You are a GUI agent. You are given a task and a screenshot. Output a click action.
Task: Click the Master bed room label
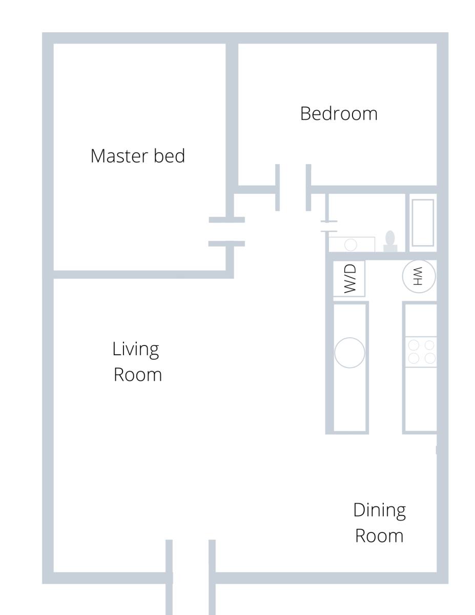[137, 156]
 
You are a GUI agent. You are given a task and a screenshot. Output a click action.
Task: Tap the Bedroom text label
[339, 113]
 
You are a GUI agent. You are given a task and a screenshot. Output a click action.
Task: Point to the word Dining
[379, 511]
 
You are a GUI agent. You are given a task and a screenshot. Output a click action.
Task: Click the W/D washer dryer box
[349, 278]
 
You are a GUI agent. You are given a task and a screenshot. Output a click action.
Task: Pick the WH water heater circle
[419, 276]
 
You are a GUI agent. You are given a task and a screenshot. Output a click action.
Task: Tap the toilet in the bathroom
[390, 241]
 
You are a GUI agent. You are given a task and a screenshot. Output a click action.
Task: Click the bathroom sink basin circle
[351, 244]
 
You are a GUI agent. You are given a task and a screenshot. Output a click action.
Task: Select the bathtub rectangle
[423, 223]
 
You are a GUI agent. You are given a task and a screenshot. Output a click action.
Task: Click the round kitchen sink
[349, 353]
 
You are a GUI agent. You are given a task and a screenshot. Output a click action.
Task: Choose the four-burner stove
[421, 352]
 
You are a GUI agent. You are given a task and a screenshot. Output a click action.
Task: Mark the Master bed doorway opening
[226, 232]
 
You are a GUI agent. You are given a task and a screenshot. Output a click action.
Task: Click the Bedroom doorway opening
[293, 188]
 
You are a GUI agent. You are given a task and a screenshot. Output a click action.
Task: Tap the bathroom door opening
[329, 227]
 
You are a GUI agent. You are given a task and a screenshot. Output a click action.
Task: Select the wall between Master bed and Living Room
[140, 274]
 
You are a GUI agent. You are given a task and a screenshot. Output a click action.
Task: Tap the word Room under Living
[137, 375]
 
